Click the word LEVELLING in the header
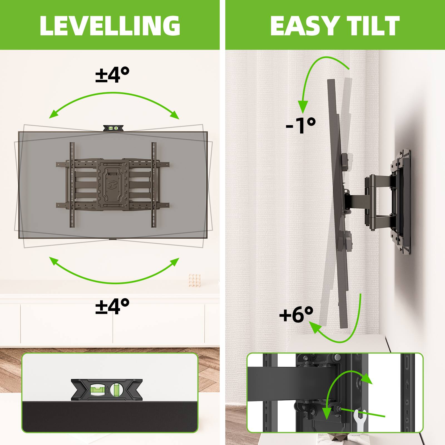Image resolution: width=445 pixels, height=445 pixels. pyautogui.click(x=110, y=26)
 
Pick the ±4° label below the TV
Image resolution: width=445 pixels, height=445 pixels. pyautogui.click(x=112, y=306)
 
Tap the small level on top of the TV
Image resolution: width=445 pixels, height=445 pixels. pyautogui.click(x=113, y=128)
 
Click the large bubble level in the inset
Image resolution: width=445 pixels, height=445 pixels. pyautogui.click(x=107, y=390)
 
